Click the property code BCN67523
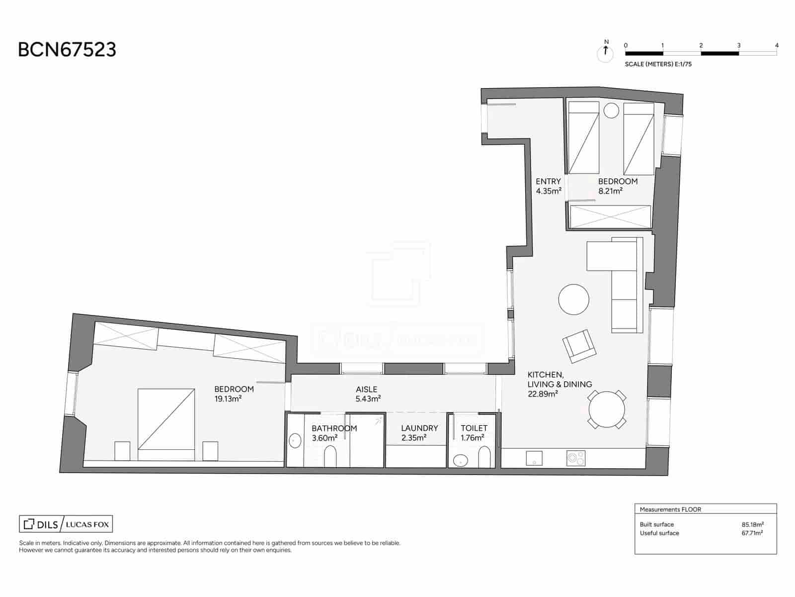[67, 50]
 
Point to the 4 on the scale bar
[777, 45]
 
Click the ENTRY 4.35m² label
[549, 186]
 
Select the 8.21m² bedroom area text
[610, 191]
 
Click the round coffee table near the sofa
[573, 299]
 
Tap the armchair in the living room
[579, 345]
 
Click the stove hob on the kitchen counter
[576, 458]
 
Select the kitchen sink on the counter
[534, 458]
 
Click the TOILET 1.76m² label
[474, 433]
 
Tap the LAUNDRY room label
[419, 428]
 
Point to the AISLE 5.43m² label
[368, 394]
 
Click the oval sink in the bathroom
[295, 441]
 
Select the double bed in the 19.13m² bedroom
[166, 419]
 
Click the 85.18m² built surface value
[752, 524]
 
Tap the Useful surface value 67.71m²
[752, 533]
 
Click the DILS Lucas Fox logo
[66, 524]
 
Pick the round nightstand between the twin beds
[611, 110]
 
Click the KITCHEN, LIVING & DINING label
[559, 384]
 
